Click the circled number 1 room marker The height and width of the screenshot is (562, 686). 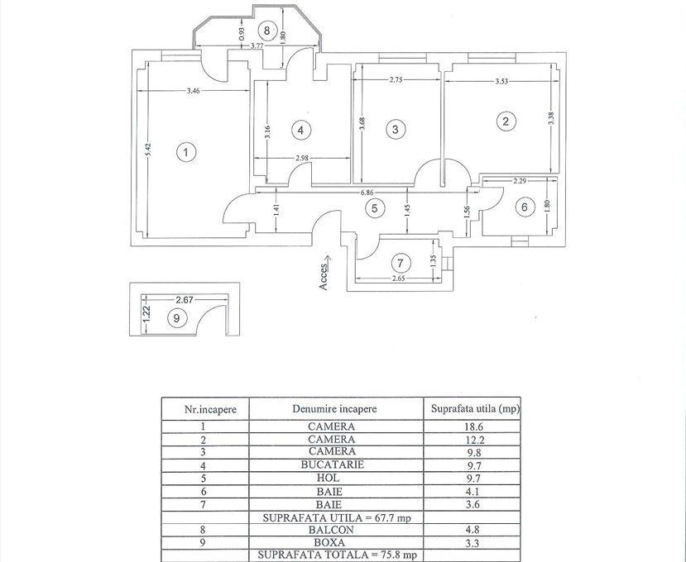point(187,152)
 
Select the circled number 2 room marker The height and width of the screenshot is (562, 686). point(506,121)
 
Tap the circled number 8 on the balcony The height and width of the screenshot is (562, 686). point(266,31)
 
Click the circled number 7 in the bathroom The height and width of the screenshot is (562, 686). point(401,264)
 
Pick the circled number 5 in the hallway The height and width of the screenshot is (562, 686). point(374,208)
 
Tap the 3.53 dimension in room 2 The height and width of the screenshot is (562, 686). point(495,81)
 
